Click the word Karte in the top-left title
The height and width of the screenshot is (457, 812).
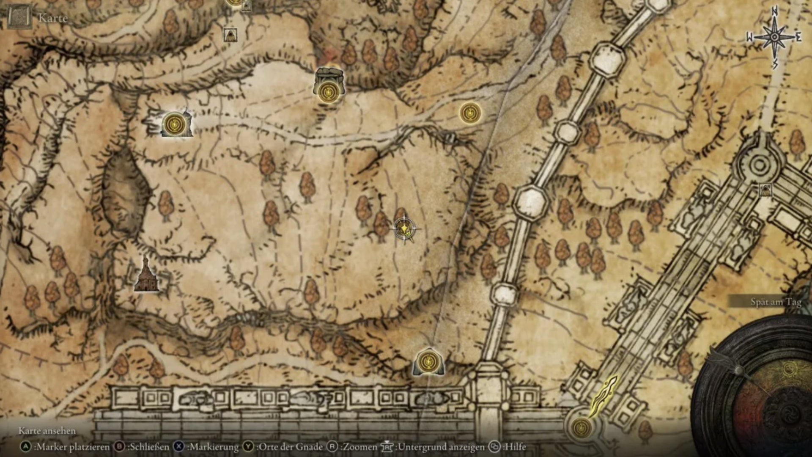(53, 18)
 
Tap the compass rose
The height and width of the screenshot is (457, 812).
(774, 37)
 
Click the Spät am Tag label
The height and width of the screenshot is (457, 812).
(776, 302)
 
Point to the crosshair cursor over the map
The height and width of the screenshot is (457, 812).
(404, 229)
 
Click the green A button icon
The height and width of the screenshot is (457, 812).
(26, 447)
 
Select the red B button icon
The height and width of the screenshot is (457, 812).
(120, 447)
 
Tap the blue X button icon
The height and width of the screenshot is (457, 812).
(179, 447)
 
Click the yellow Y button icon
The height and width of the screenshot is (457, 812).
(248, 447)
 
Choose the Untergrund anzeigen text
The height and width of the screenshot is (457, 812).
(441, 447)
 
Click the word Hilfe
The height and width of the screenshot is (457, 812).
(516, 447)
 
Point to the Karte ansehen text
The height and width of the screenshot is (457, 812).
(47, 431)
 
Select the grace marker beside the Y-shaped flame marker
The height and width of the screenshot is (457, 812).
(582, 427)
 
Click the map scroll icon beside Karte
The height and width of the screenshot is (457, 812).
(19, 17)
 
